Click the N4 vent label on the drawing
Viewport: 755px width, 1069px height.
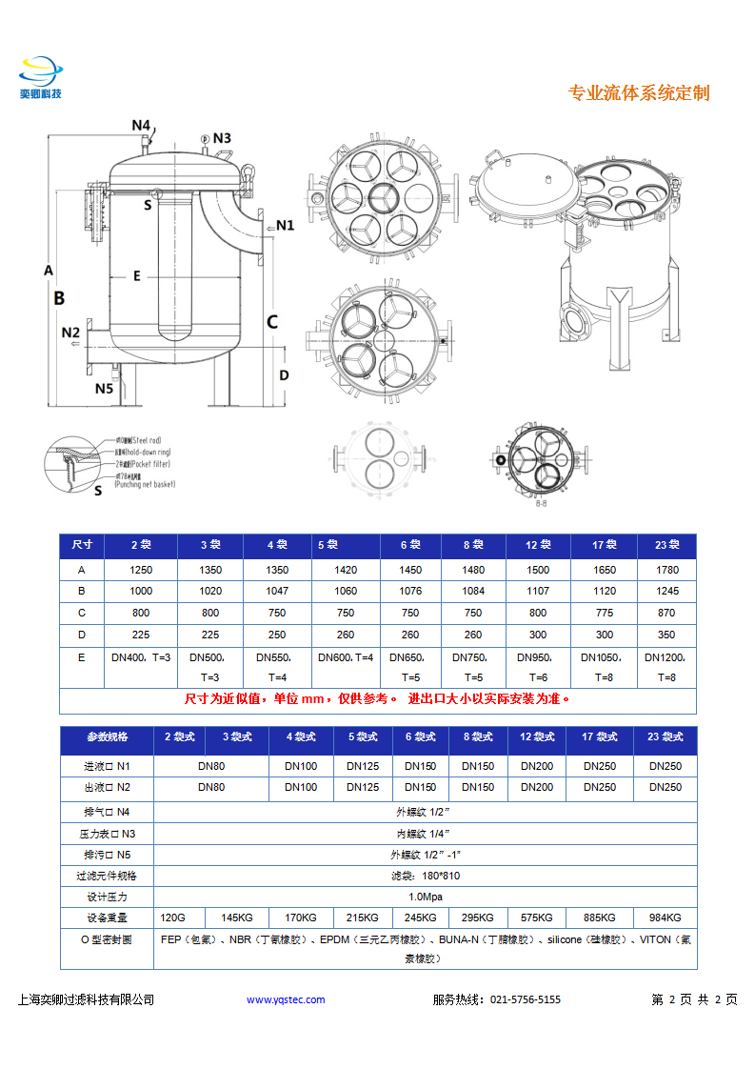(x=141, y=125)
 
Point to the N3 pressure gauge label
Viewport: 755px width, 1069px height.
(x=222, y=138)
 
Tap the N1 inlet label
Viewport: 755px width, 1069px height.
(x=285, y=226)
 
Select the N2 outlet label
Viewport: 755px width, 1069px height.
(x=71, y=333)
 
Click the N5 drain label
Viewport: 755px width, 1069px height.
(x=104, y=388)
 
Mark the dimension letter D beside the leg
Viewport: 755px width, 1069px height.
(x=284, y=375)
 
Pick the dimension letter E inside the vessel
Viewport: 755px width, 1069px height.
(x=136, y=276)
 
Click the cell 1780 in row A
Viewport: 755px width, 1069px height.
(x=667, y=570)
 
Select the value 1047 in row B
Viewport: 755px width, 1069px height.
(x=277, y=591)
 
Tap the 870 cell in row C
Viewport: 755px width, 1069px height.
(x=666, y=613)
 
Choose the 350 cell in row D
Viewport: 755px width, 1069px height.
(x=666, y=635)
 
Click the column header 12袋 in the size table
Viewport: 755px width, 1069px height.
(x=538, y=545)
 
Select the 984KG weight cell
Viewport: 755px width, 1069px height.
(x=665, y=918)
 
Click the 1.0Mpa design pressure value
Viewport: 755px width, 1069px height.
(x=424, y=897)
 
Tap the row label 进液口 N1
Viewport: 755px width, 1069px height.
(x=107, y=766)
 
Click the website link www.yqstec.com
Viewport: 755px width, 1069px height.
(x=286, y=999)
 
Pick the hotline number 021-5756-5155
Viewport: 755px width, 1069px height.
(x=525, y=999)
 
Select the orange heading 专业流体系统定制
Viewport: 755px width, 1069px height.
(x=638, y=92)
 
